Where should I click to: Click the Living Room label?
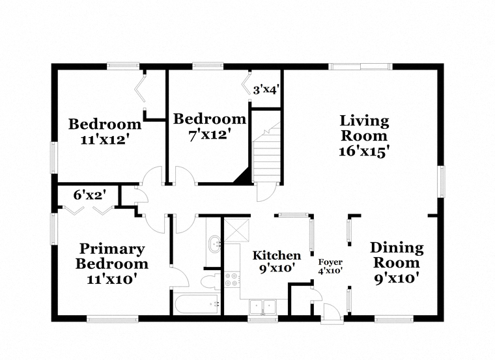click(x=364, y=129)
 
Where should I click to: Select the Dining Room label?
click(x=397, y=255)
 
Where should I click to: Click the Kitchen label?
click(x=277, y=255)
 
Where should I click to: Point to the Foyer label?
click(x=330, y=262)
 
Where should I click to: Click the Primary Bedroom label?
click(x=112, y=256)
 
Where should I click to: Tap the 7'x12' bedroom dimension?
click(x=208, y=135)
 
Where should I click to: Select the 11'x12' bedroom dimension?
click(x=105, y=139)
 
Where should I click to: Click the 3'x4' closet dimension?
click(x=266, y=90)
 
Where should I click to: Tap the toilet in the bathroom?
click(x=211, y=282)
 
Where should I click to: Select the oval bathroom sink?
click(x=215, y=243)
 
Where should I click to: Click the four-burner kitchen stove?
click(x=231, y=279)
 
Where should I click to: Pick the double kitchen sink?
click(x=262, y=307)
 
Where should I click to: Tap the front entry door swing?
click(x=332, y=313)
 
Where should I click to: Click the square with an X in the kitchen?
click(x=236, y=230)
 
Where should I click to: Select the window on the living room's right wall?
click(x=441, y=181)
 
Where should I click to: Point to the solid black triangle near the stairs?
click(x=243, y=177)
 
